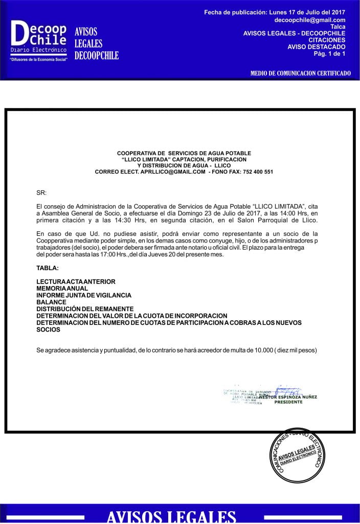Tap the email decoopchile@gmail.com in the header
[x=310, y=20]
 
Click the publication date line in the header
[x=275, y=12]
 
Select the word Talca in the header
[x=337, y=27]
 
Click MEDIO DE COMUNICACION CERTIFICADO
[x=300, y=73]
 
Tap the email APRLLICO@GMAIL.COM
[x=171, y=172]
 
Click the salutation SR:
[x=41, y=193]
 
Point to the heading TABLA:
[x=48, y=268]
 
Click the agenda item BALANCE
[x=51, y=302]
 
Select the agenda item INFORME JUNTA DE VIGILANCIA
[x=84, y=295]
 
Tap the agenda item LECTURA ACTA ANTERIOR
[x=76, y=281]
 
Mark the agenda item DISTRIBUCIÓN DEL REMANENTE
[x=85, y=309]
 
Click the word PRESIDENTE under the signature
[x=288, y=402]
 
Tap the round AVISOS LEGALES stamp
[x=297, y=455]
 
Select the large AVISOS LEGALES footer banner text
[x=171, y=516]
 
